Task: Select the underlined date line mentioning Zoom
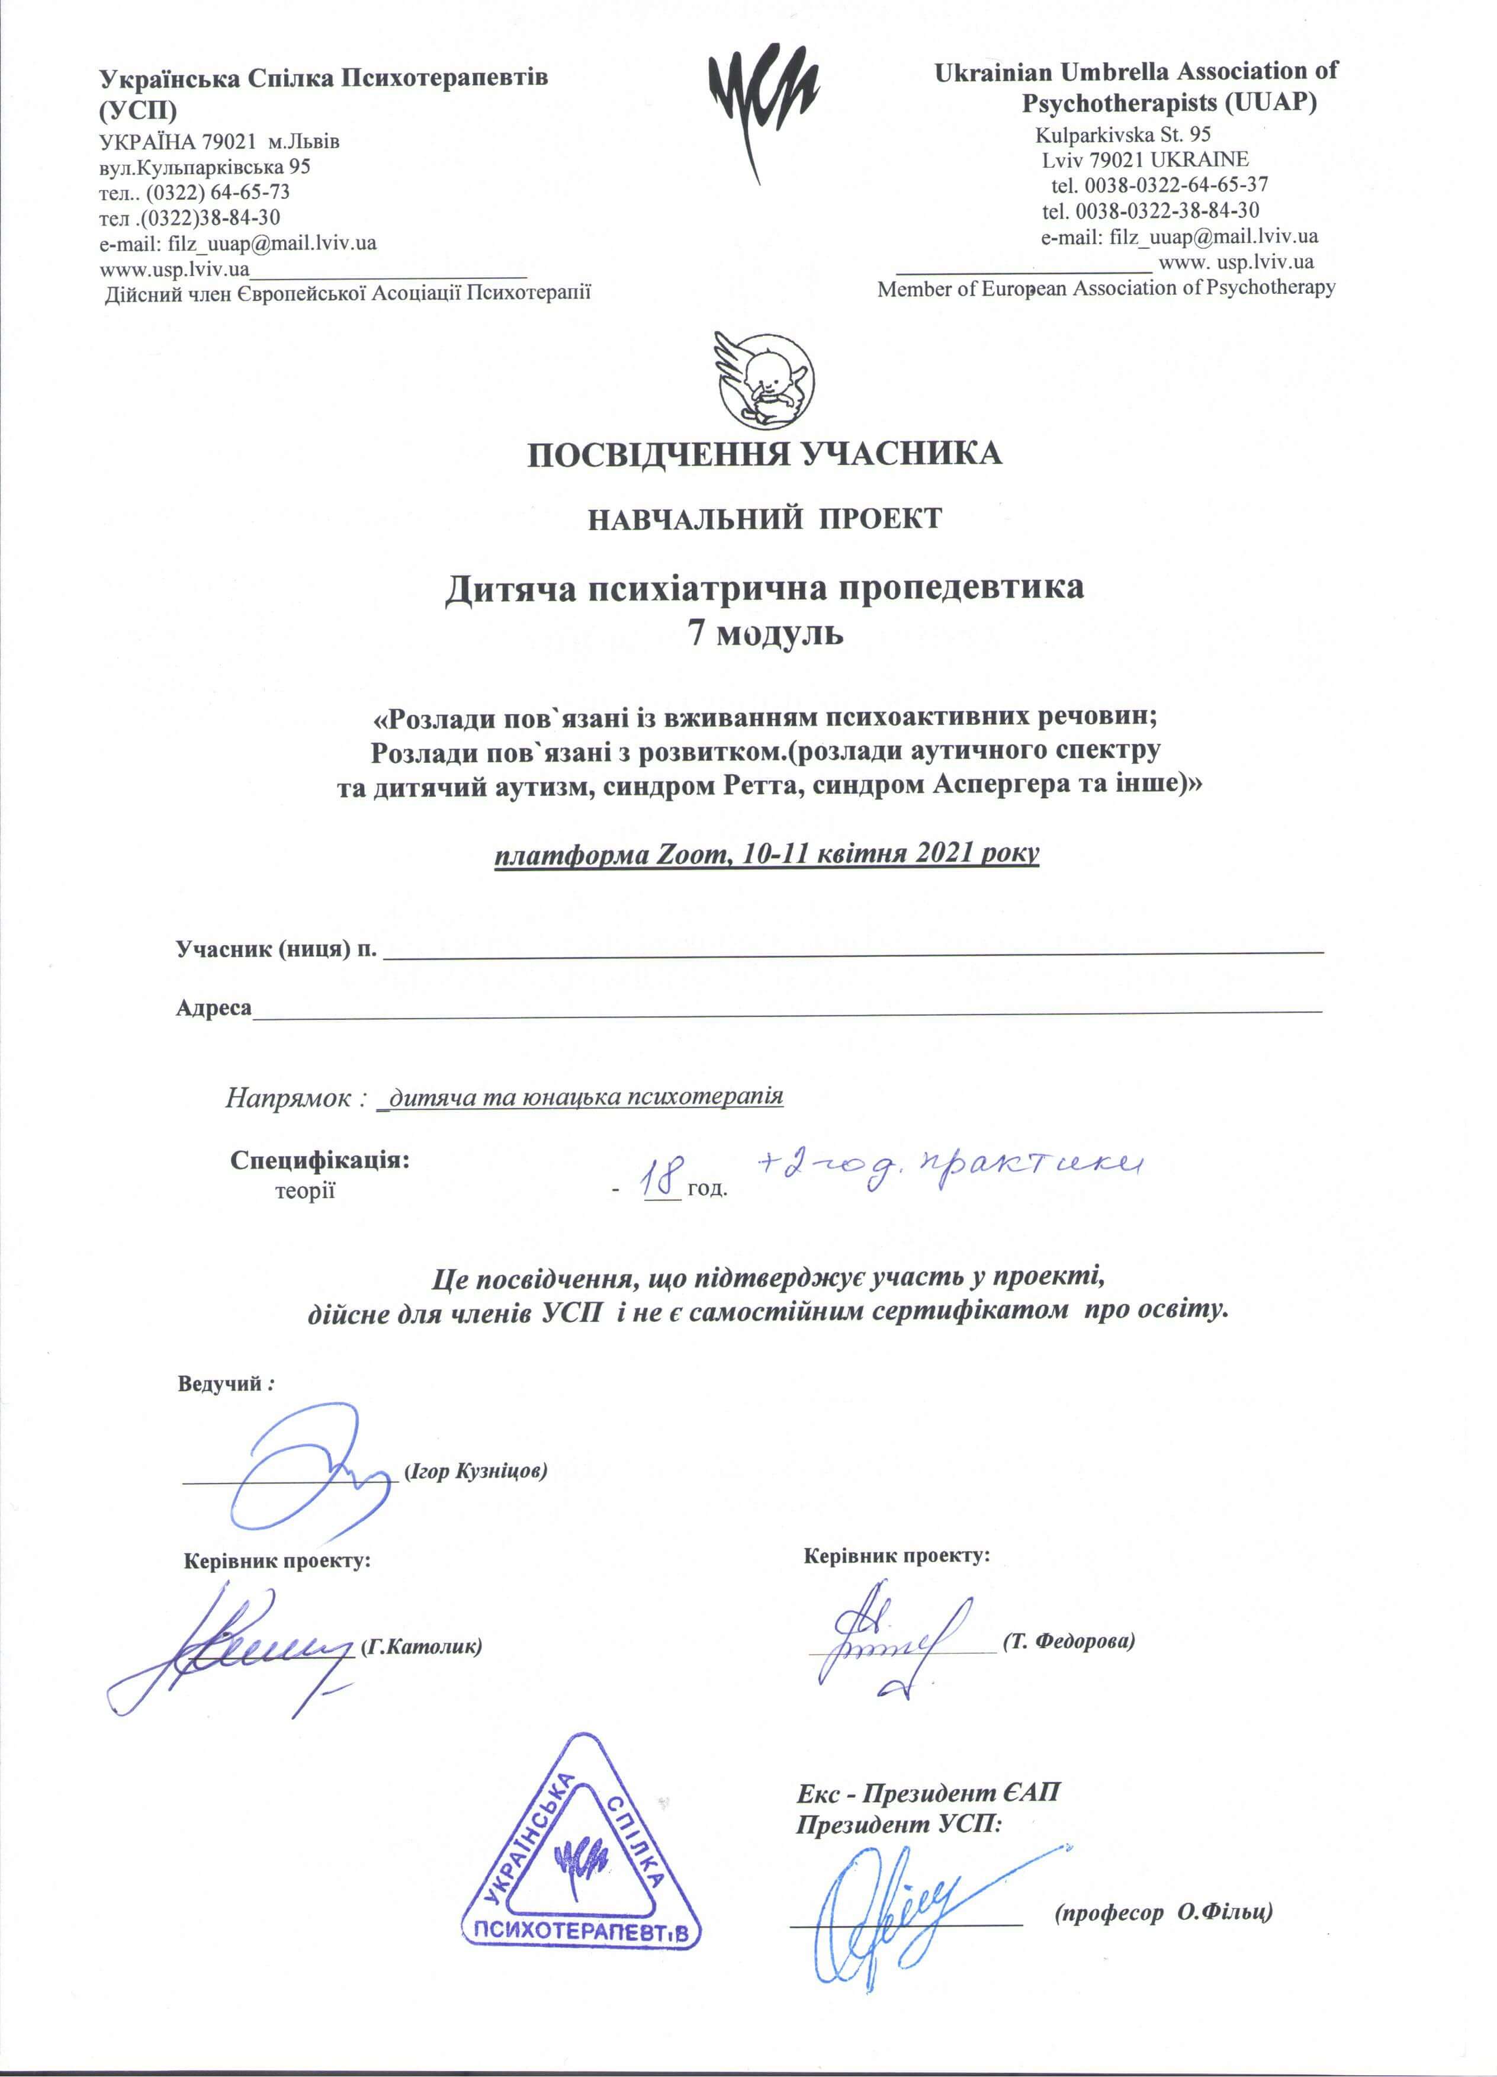click(766, 853)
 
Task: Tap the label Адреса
click(213, 1007)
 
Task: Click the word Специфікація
click(320, 1160)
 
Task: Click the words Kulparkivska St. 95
click(1123, 134)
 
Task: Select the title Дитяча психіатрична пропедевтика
click(764, 587)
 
